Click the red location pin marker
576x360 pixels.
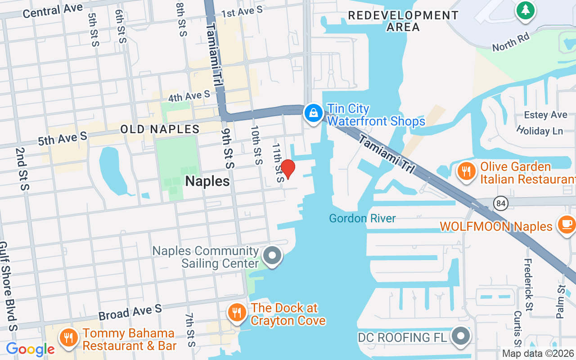(288, 169)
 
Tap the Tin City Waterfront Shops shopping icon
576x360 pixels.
(313, 112)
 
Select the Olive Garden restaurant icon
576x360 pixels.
(467, 171)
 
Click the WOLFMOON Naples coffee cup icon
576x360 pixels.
(566, 224)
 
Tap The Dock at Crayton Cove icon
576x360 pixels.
(237, 312)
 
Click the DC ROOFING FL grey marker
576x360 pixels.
(461, 337)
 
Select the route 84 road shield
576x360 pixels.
(500, 203)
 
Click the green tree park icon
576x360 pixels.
(525, 9)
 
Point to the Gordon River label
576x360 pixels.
(362, 219)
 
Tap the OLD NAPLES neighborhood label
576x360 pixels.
(160, 129)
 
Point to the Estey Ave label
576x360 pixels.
(546, 115)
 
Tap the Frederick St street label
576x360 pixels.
(529, 284)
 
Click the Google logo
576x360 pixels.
(31, 349)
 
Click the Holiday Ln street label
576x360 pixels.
(540, 131)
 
